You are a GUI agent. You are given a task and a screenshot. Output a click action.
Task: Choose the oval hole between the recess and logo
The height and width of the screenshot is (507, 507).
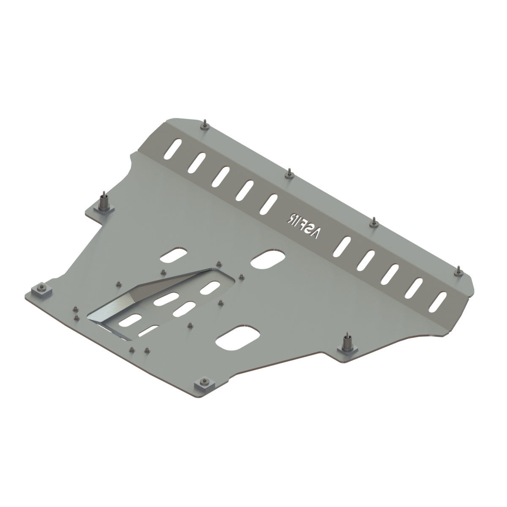pos(267,259)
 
